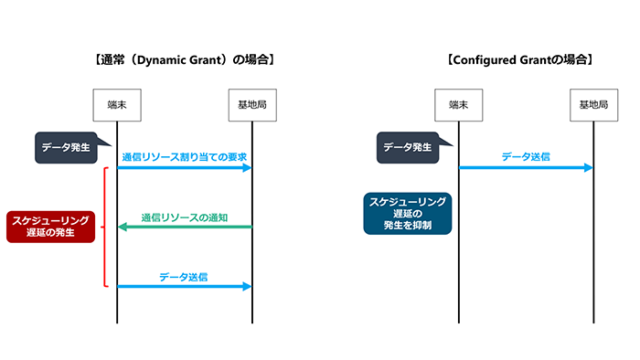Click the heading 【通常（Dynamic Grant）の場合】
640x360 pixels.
point(185,60)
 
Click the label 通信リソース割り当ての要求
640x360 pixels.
point(186,156)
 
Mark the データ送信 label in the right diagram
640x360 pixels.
point(526,156)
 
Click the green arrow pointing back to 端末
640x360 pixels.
point(185,228)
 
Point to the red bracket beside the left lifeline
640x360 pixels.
point(107,227)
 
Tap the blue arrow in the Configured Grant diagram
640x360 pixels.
point(526,167)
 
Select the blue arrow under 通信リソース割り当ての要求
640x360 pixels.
point(185,167)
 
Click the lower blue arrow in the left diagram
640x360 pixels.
point(185,287)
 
